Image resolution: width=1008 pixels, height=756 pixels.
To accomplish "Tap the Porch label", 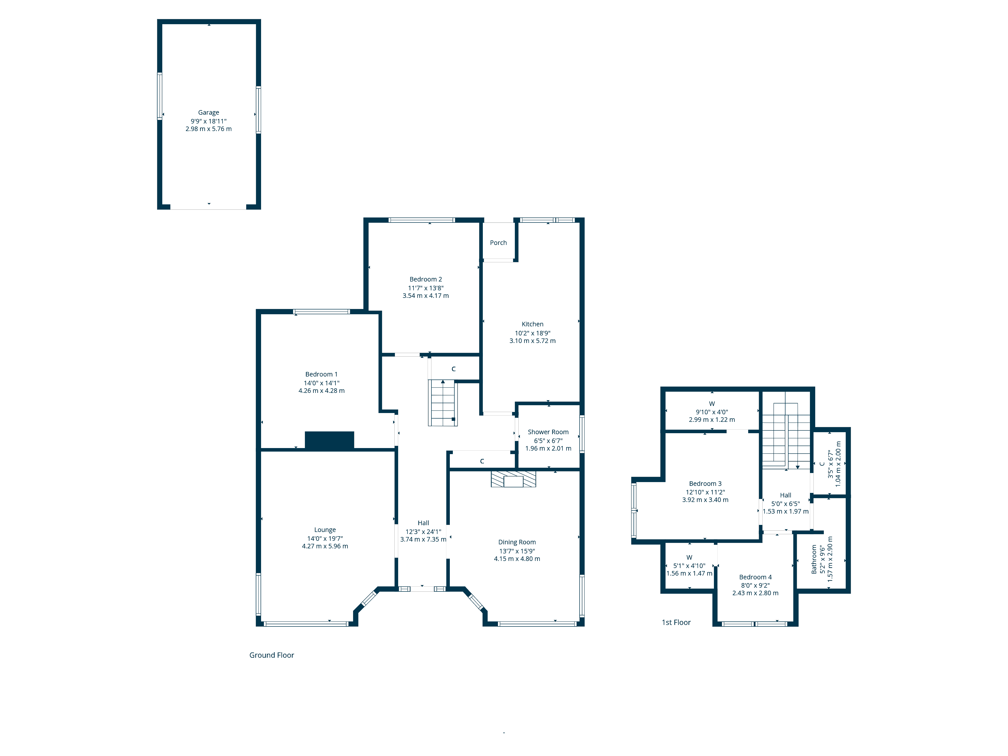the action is point(498,243).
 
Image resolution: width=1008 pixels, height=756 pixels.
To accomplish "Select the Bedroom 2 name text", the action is point(426,279).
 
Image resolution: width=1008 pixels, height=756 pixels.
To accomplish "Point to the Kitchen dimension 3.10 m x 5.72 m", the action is point(532,341).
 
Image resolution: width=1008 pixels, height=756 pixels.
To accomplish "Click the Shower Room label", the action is point(548,432).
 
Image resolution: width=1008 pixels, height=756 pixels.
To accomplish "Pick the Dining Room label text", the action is point(517,542).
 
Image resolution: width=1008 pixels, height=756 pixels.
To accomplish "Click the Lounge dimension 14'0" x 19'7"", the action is point(325,539).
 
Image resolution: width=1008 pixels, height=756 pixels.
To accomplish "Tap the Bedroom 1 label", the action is point(321,374).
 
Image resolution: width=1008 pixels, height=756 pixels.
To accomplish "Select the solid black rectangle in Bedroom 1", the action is point(329,440).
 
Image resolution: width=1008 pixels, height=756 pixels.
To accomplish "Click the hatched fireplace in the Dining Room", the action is point(513,479).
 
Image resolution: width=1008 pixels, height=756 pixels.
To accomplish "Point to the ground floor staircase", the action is point(443,403).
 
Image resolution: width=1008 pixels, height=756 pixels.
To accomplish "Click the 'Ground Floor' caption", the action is point(272,655).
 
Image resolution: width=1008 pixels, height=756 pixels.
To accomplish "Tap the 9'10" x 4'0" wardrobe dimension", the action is point(712,412).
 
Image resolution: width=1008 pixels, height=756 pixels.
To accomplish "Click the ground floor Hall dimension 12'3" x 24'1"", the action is point(423,532).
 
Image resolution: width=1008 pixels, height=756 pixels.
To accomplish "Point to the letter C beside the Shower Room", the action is point(482,461).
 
